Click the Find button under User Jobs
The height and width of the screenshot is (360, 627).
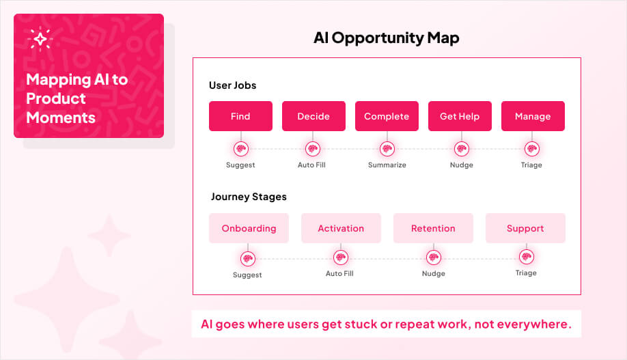(240, 116)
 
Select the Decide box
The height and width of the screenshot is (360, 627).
(313, 116)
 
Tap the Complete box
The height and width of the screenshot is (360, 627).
(387, 116)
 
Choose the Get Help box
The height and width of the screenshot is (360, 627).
(460, 116)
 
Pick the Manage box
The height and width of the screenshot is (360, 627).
(533, 116)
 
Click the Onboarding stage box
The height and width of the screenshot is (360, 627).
(249, 228)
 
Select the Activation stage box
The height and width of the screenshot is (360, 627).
(341, 228)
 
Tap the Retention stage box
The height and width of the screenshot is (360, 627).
(433, 228)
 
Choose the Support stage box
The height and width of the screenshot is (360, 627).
(525, 228)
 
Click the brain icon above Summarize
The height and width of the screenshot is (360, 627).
(387, 148)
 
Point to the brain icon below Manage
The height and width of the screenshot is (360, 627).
(531, 148)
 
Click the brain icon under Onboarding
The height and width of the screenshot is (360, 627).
(247, 258)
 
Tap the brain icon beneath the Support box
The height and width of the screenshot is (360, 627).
(526, 258)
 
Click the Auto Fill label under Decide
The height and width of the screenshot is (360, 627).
(312, 165)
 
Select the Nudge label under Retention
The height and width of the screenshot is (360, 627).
(433, 274)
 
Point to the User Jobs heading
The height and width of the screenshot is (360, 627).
(232, 85)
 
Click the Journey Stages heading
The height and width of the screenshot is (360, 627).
(249, 197)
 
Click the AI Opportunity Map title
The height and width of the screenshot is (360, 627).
(386, 38)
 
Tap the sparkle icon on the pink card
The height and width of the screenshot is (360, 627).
(40, 40)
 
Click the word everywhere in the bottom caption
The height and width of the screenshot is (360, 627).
(537, 324)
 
